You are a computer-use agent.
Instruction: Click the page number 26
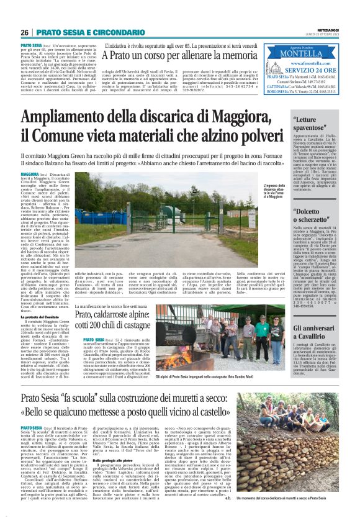[25, 32]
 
